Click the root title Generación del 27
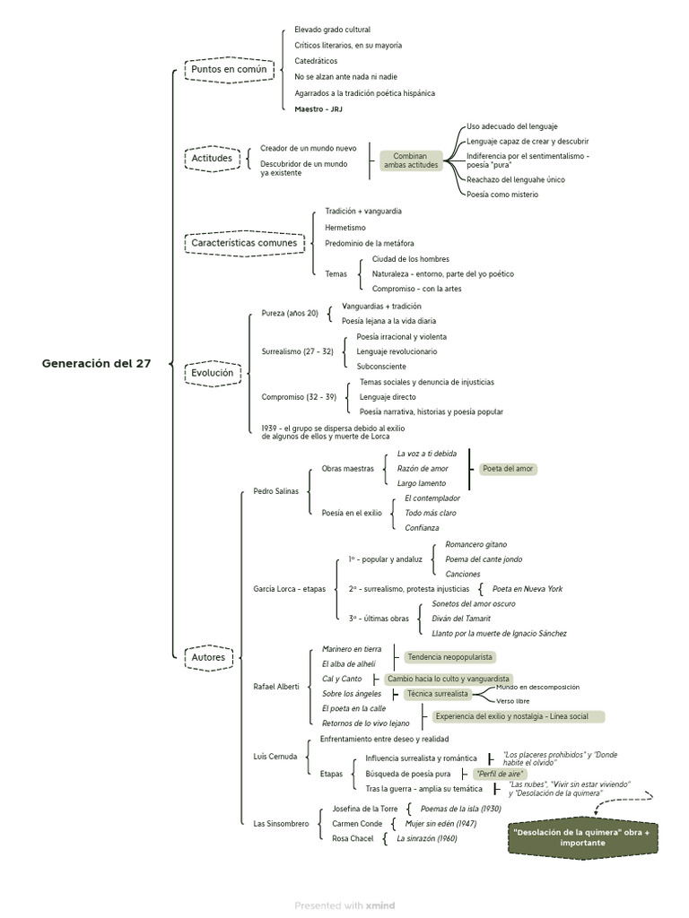(96, 363)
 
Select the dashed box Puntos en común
(229, 69)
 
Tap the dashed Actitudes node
(212, 159)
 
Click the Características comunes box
(244, 243)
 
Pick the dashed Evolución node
(212, 373)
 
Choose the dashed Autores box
(208, 657)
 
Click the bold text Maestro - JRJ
(318, 109)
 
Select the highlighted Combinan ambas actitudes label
(411, 160)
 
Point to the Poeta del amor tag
(509, 468)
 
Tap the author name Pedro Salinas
(275, 490)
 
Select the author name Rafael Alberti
(276, 686)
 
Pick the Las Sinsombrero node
(281, 823)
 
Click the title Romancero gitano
(475, 544)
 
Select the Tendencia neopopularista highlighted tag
(449, 657)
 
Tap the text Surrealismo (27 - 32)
(297, 351)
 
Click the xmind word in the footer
(379, 905)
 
